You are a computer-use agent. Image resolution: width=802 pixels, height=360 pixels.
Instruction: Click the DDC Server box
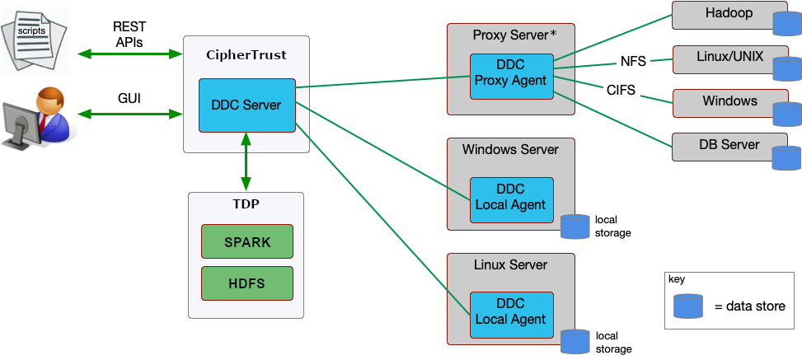(246, 105)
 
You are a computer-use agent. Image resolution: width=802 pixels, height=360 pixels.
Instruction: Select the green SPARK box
(247, 242)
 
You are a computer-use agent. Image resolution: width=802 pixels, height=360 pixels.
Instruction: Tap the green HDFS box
(247, 283)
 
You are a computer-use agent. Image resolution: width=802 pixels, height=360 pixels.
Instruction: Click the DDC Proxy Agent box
(511, 76)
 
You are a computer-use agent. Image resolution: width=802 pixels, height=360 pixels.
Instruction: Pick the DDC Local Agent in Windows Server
(511, 199)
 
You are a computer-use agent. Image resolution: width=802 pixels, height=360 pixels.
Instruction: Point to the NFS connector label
(633, 62)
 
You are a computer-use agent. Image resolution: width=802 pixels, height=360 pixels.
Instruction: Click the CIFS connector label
(621, 91)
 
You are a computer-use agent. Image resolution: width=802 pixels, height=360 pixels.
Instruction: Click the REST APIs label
(129, 35)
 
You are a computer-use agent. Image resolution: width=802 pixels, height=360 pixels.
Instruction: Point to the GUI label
(129, 98)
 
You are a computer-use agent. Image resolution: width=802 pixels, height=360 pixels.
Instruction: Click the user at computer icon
(38, 119)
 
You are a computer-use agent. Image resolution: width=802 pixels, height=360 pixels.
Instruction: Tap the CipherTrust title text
(246, 55)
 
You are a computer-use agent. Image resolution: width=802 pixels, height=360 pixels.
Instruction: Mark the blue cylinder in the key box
(687, 306)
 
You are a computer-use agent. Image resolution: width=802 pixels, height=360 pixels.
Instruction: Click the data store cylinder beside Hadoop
(786, 23)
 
